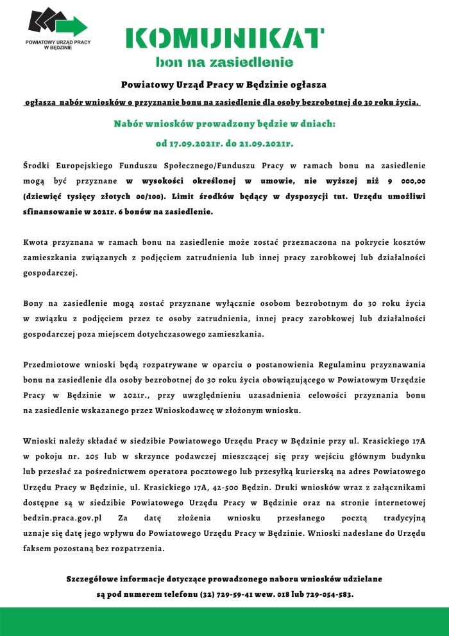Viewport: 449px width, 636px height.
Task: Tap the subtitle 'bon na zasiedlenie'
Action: pyautogui.click(x=224, y=62)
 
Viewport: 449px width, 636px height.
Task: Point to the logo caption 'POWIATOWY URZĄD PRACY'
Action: pyautogui.click(x=58, y=41)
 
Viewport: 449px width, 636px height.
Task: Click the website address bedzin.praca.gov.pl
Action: pyautogui.click(x=63, y=517)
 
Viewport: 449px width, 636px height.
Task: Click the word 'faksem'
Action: pyautogui.click(x=38, y=548)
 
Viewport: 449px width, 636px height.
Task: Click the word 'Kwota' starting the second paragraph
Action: pyautogui.click(x=36, y=243)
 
